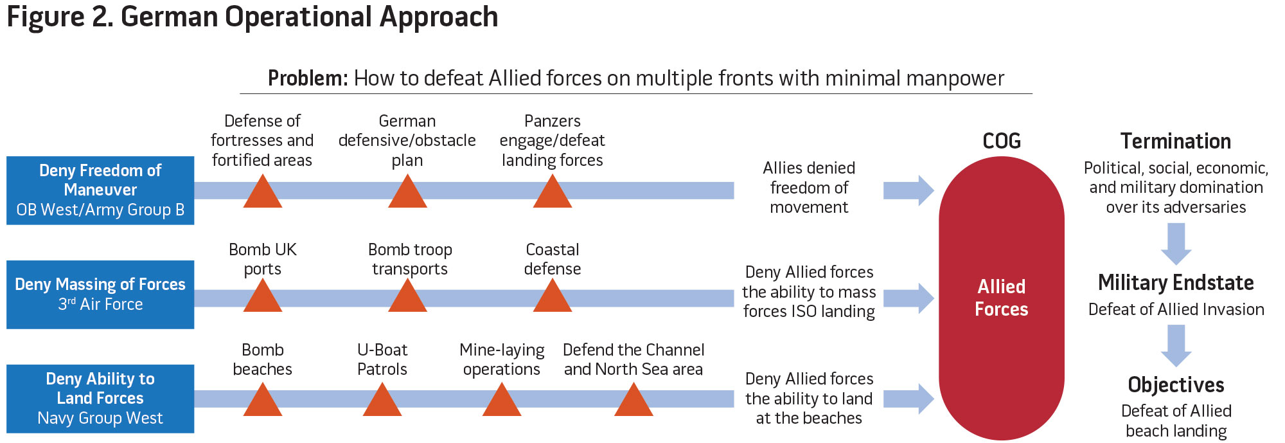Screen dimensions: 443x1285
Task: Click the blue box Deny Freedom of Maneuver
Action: [x=100, y=190]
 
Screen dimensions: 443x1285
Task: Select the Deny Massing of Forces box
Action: [x=100, y=294]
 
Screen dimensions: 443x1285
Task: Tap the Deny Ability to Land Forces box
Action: [x=100, y=399]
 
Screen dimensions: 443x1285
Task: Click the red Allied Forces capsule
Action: [x=1001, y=298]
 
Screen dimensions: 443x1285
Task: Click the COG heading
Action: [x=1002, y=141]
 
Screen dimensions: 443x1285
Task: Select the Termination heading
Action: [x=1176, y=141]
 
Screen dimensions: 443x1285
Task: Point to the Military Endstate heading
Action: [x=1176, y=283]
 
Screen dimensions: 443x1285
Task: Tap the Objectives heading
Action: [x=1176, y=384]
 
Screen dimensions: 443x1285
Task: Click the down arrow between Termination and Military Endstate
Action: [x=1176, y=244]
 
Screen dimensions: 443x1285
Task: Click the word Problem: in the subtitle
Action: [x=308, y=78]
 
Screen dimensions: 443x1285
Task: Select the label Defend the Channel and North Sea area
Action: [x=634, y=359]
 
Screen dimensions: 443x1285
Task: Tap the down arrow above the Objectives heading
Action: [x=1176, y=345]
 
